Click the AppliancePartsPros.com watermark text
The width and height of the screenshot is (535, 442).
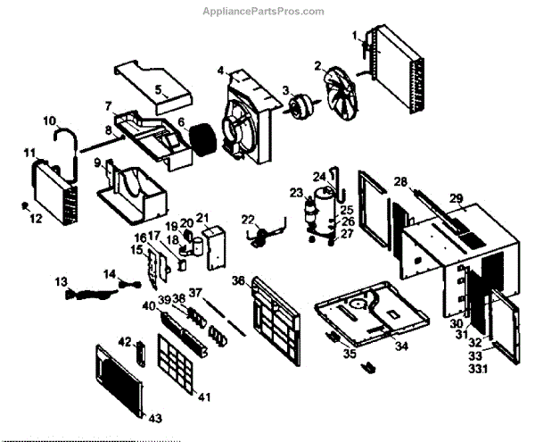267,11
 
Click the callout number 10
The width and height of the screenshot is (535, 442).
49,121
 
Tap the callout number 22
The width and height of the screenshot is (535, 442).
248,220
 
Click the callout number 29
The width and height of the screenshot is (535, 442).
456,197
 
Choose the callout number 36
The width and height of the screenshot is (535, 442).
238,280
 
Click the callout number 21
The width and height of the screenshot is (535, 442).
202,217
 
